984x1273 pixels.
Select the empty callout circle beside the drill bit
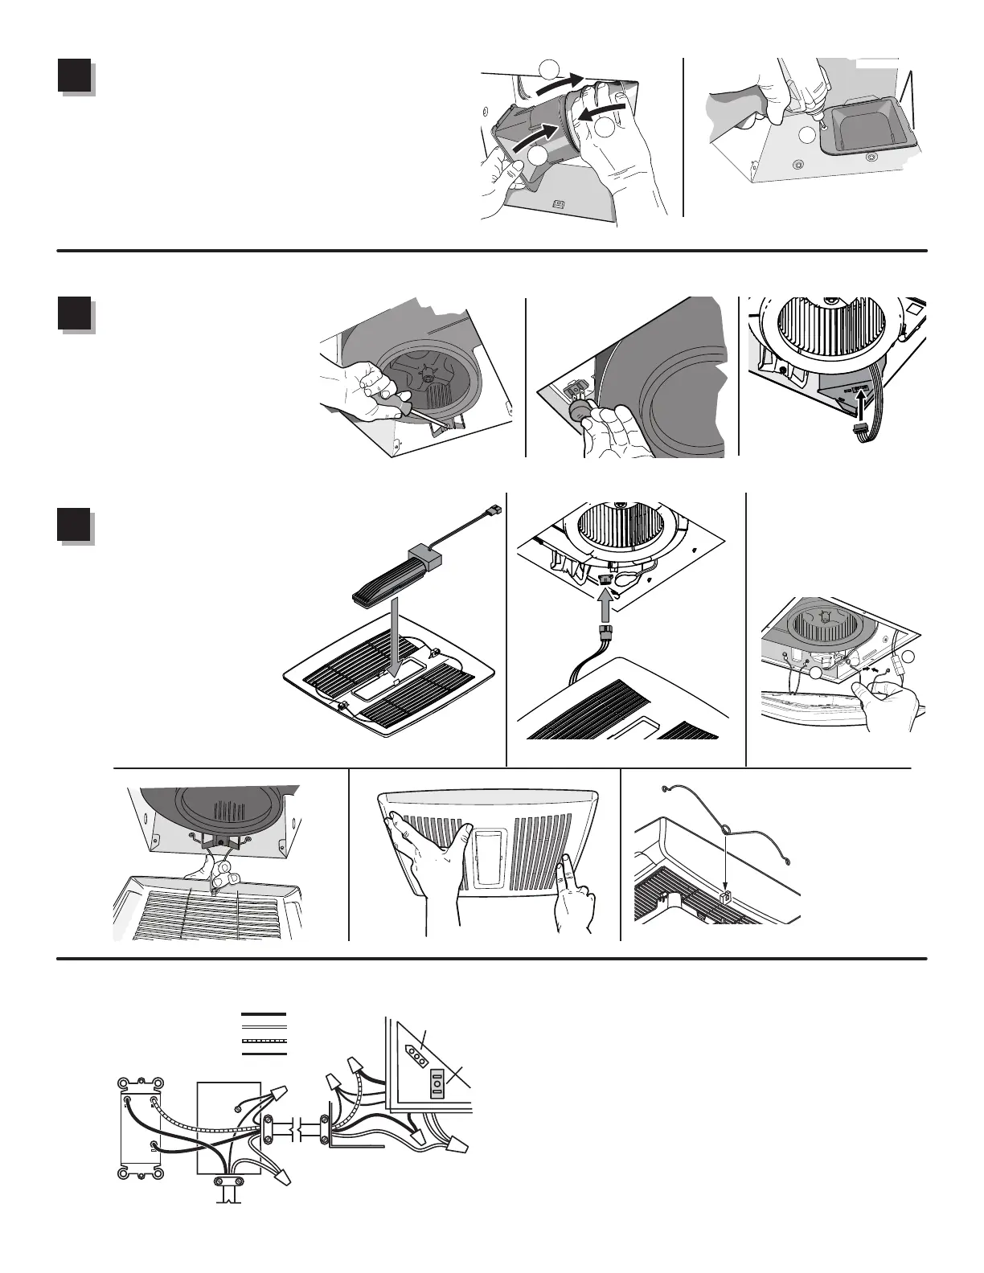pyautogui.click(x=807, y=133)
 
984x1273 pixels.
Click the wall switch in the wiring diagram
pyautogui.click(x=138, y=1126)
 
